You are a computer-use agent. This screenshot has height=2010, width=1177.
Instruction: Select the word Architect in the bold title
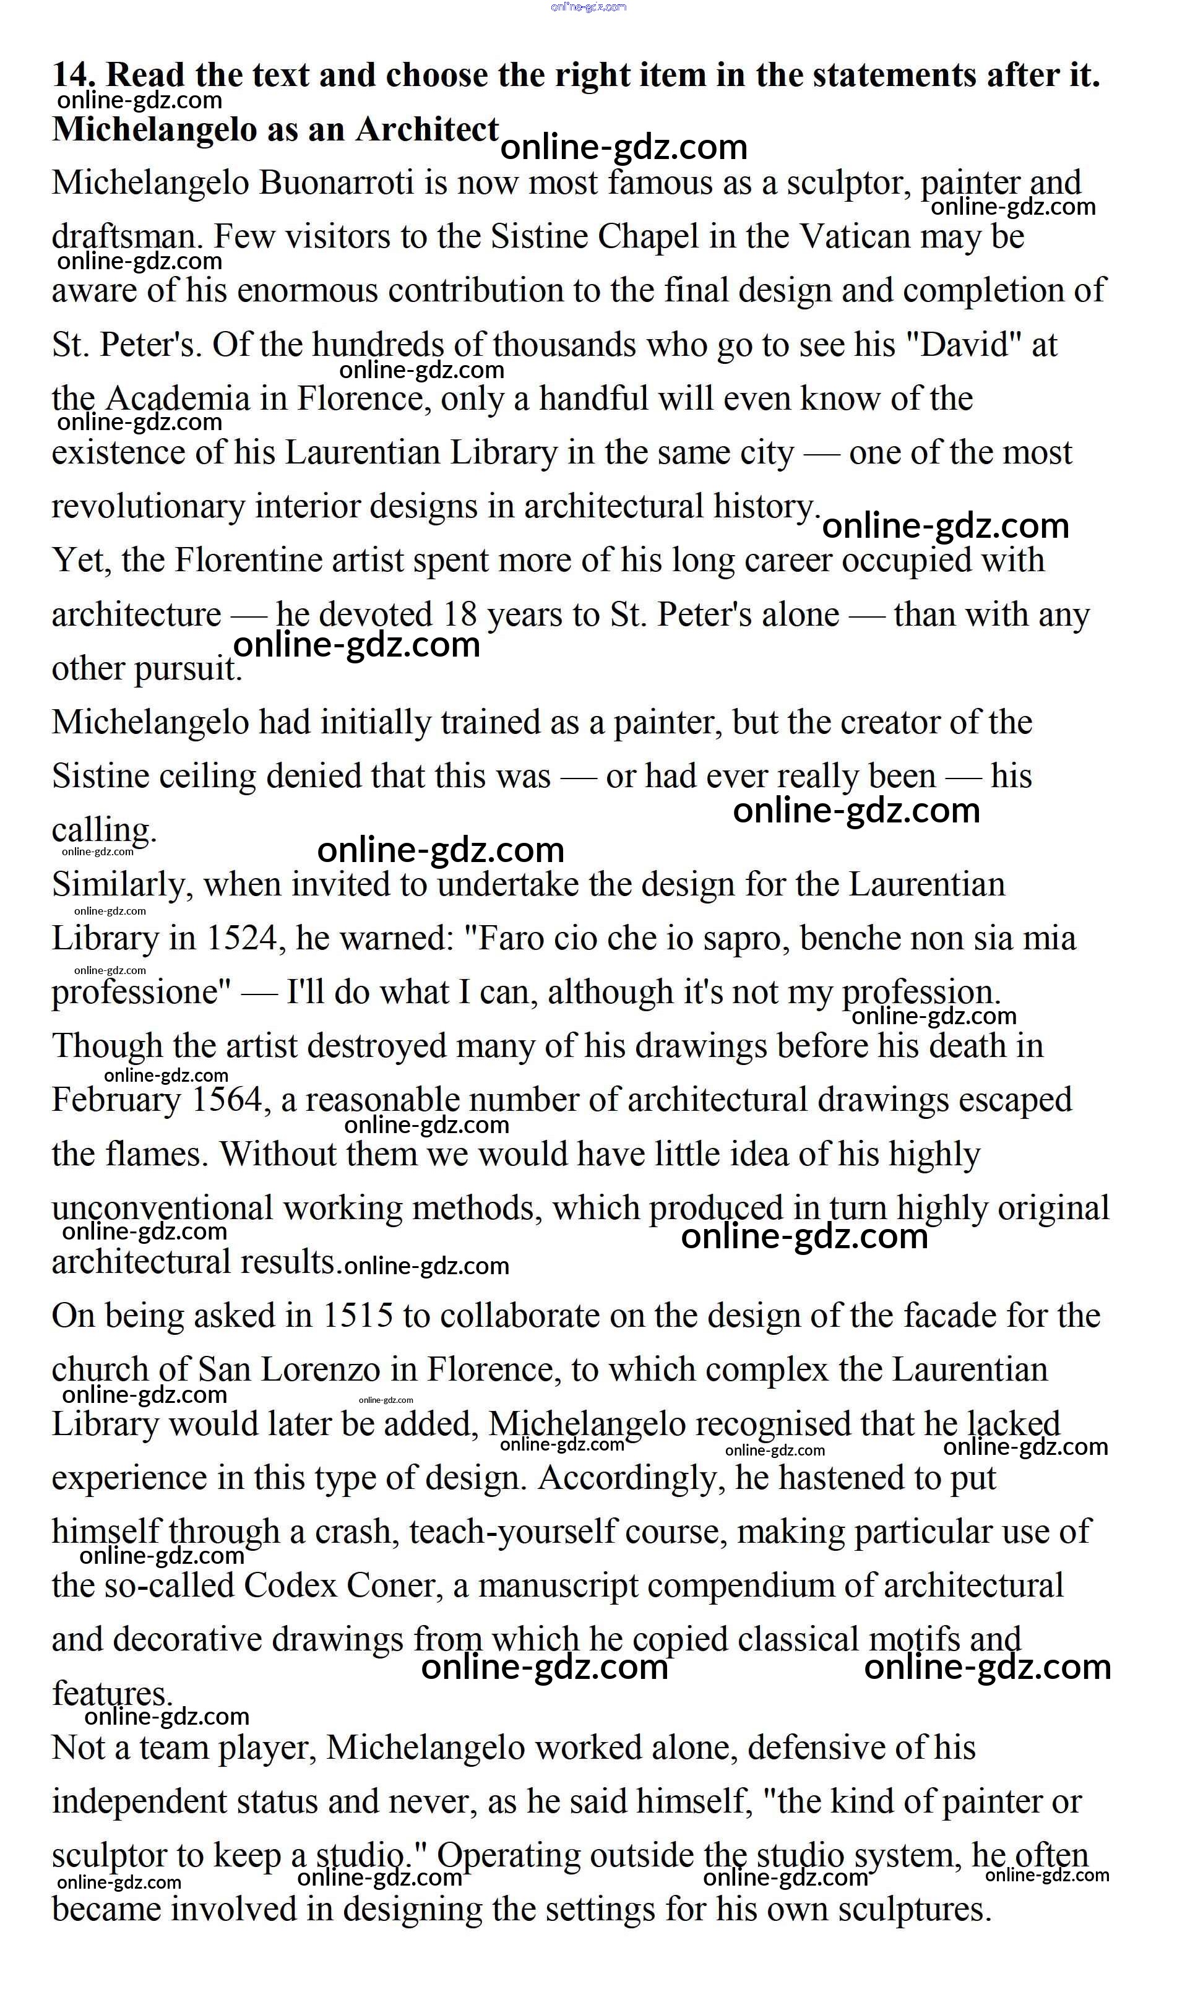(x=426, y=129)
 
